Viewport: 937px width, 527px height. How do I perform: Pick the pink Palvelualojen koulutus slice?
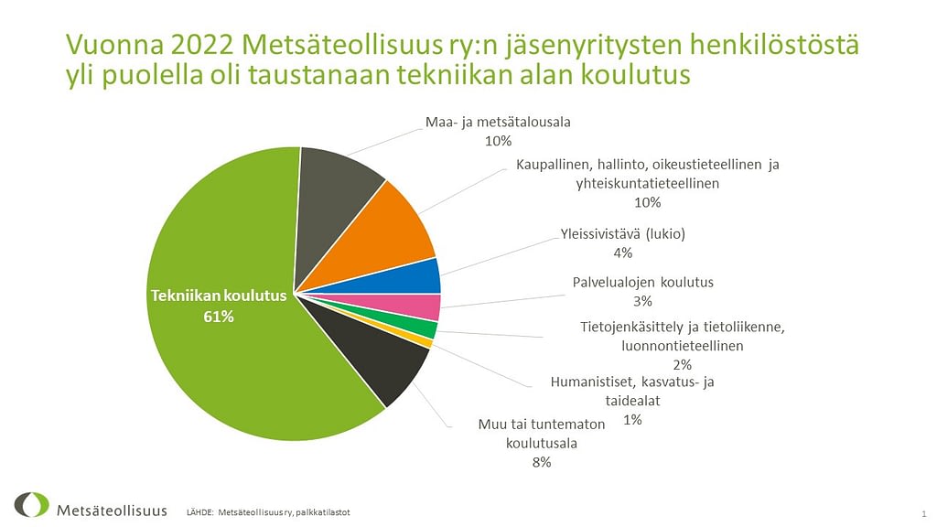point(413,306)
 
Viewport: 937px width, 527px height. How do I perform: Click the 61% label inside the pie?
point(219,317)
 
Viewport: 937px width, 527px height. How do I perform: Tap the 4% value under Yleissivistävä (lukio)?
point(622,253)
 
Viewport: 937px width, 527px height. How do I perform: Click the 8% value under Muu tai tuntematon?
point(542,462)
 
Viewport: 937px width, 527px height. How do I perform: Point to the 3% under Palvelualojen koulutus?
point(642,301)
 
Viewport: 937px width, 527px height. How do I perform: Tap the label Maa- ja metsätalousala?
point(498,122)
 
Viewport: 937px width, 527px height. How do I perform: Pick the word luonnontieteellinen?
point(683,346)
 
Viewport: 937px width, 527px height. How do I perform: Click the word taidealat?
point(633,401)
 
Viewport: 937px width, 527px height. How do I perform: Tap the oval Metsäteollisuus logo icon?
point(32,505)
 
